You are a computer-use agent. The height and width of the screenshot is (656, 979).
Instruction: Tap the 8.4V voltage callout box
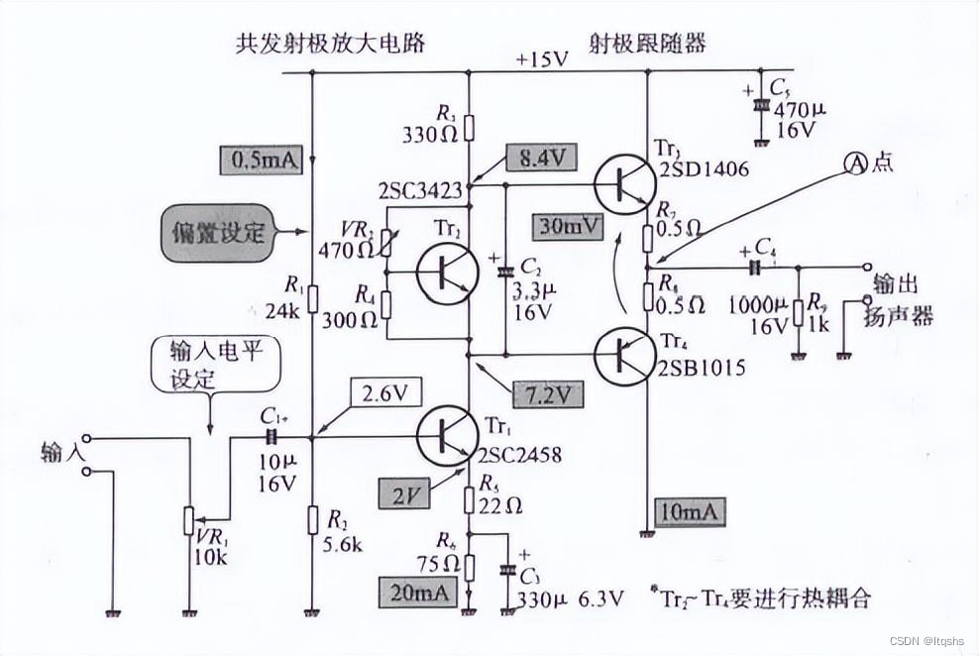pyautogui.click(x=540, y=159)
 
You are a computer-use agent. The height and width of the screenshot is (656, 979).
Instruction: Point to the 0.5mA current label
pyautogui.click(x=261, y=160)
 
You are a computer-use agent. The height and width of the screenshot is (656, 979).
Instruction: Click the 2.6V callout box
pyautogui.click(x=380, y=392)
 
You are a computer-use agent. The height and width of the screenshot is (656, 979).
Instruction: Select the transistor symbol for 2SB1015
pyautogui.click(x=624, y=354)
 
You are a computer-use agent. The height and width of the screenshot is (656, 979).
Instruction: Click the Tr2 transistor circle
pyautogui.click(x=442, y=273)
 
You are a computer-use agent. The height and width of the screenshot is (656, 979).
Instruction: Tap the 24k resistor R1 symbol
pyautogui.click(x=312, y=296)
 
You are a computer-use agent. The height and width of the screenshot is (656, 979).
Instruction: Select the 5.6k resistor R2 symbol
pyautogui.click(x=312, y=519)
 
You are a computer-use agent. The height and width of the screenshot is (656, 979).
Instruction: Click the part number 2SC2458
pyautogui.click(x=520, y=457)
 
